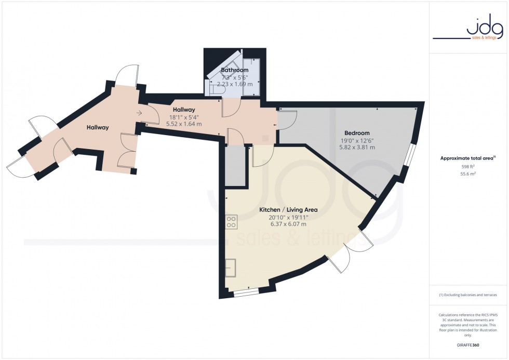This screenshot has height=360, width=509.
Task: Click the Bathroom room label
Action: (235, 70)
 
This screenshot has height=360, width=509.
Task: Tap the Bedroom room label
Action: (355, 133)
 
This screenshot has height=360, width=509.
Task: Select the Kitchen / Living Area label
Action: (288, 210)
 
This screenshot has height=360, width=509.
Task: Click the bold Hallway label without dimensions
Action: (98, 127)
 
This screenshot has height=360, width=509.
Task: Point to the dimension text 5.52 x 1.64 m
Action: (184, 124)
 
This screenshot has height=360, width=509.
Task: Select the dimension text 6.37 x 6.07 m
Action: (289, 224)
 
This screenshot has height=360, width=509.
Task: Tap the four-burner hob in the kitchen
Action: (231, 222)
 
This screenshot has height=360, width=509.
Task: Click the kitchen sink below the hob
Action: (231, 268)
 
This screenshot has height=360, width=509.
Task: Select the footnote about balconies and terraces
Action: (468, 295)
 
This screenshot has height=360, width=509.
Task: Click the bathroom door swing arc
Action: (232, 108)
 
